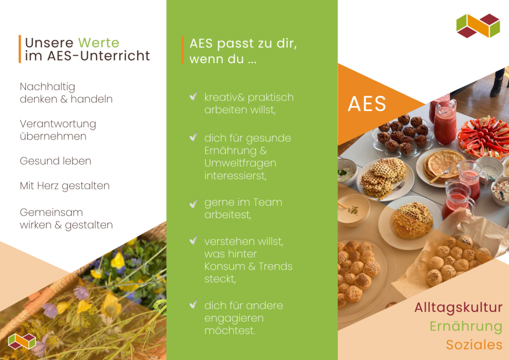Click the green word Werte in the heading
click(99, 43)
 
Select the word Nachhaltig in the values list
click(47, 87)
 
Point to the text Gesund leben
click(55, 161)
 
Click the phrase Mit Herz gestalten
click(65, 186)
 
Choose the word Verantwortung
click(58, 124)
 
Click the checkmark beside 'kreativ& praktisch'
click(193, 96)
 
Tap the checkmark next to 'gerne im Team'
click(193, 203)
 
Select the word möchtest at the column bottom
click(230, 330)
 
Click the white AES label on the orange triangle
click(367, 103)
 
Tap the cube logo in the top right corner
click(478, 26)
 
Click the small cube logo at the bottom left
click(22, 341)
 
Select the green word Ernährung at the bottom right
click(466, 326)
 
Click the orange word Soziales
click(474, 345)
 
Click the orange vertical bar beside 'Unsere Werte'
click(20, 49)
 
